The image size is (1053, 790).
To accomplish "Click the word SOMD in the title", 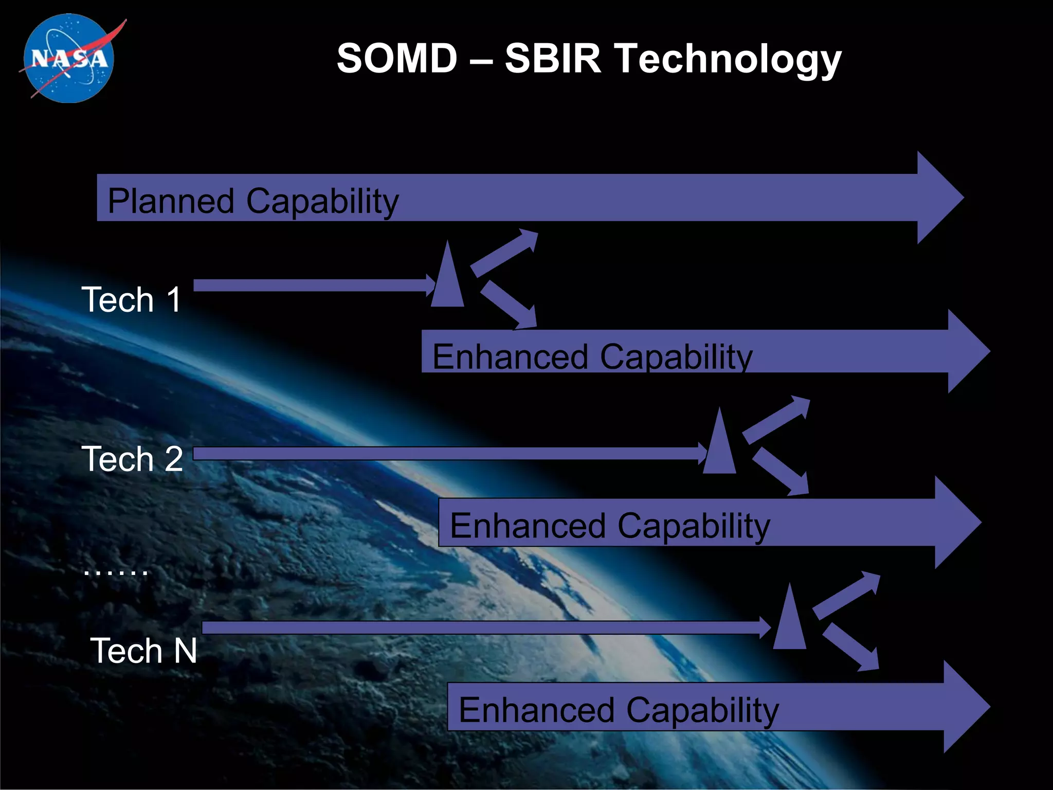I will (397, 58).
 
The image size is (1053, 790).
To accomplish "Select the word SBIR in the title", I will (553, 58).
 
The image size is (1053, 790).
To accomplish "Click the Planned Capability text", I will (253, 201).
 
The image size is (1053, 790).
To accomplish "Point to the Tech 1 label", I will (132, 299).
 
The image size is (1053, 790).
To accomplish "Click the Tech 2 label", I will (132, 459).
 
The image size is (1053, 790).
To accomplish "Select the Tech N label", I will (143, 651).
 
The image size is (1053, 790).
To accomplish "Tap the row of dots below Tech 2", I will (116, 571).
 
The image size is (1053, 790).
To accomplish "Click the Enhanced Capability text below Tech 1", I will (592, 356).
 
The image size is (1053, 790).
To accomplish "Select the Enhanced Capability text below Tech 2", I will (610, 526).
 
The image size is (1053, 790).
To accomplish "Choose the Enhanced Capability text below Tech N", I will (619, 710).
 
